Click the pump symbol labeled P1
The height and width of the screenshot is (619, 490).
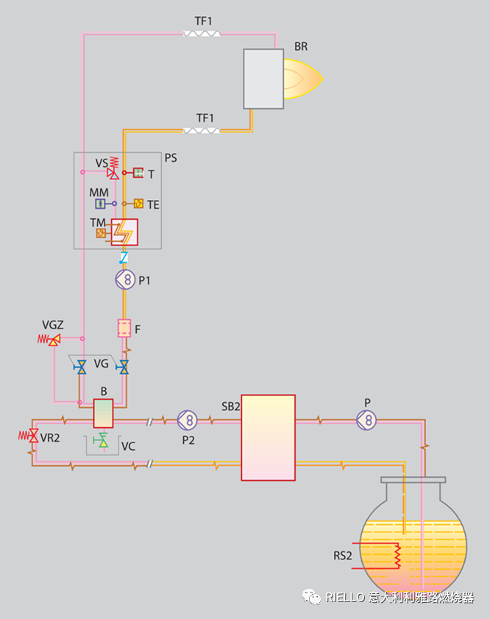[x=126, y=279]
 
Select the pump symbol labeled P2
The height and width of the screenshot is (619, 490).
[x=188, y=420]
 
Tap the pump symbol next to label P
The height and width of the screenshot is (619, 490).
[x=366, y=420]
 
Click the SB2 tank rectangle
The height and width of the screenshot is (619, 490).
[x=268, y=437]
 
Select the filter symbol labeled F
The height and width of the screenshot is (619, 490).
[x=124, y=327]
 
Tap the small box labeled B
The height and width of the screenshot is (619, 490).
[x=102, y=413]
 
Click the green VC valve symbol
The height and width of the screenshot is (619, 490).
[x=102, y=441]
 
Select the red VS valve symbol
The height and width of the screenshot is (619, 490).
[x=112, y=171]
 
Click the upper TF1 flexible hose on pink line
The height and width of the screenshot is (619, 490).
[x=202, y=33]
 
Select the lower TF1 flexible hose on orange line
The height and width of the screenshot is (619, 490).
[x=202, y=130]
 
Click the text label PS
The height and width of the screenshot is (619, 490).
[x=171, y=157]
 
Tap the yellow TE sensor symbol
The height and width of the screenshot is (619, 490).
[x=138, y=204]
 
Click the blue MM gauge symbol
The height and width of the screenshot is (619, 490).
[x=101, y=204]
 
